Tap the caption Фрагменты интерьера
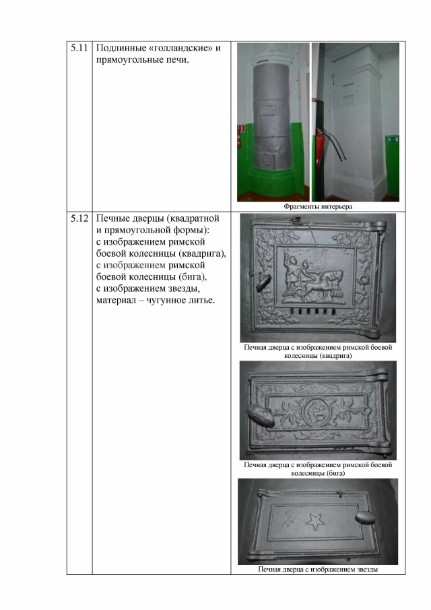point(318,206)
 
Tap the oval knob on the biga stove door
point(260,416)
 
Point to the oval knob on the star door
point(366,516)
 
